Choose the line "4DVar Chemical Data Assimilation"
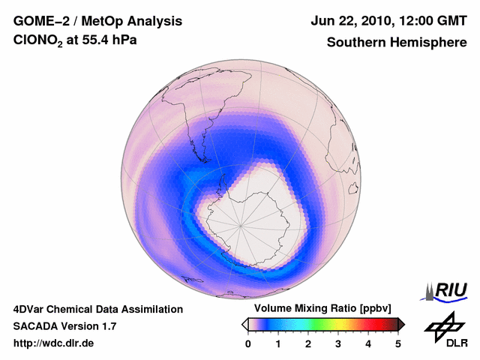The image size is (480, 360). click(x=98, y=309)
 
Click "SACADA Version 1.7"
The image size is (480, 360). click(x=64, y=326)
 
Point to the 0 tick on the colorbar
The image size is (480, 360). click(x=248, y=343)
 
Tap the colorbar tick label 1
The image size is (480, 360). click(x=278, y=343)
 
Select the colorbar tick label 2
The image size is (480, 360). click(x=308, y=343)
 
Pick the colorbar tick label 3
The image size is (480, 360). click(x=338, y=343)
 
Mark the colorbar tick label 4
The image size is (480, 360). click(x=368, y=343)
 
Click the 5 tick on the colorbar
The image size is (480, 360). click(x=398, y=343)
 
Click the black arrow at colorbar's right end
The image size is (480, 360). click(x=402, y=324)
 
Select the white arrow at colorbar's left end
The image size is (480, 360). click(x=244, y=324)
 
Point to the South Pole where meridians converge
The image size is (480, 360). click(x=241, y=225)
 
